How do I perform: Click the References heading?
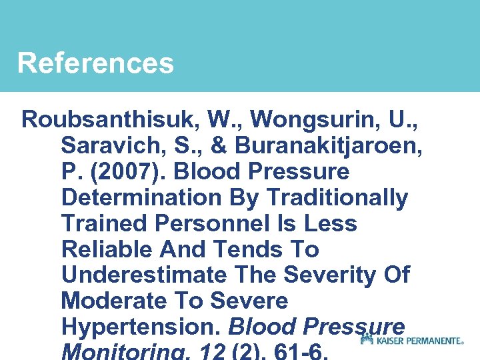[95, 64]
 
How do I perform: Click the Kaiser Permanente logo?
[411, 340]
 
